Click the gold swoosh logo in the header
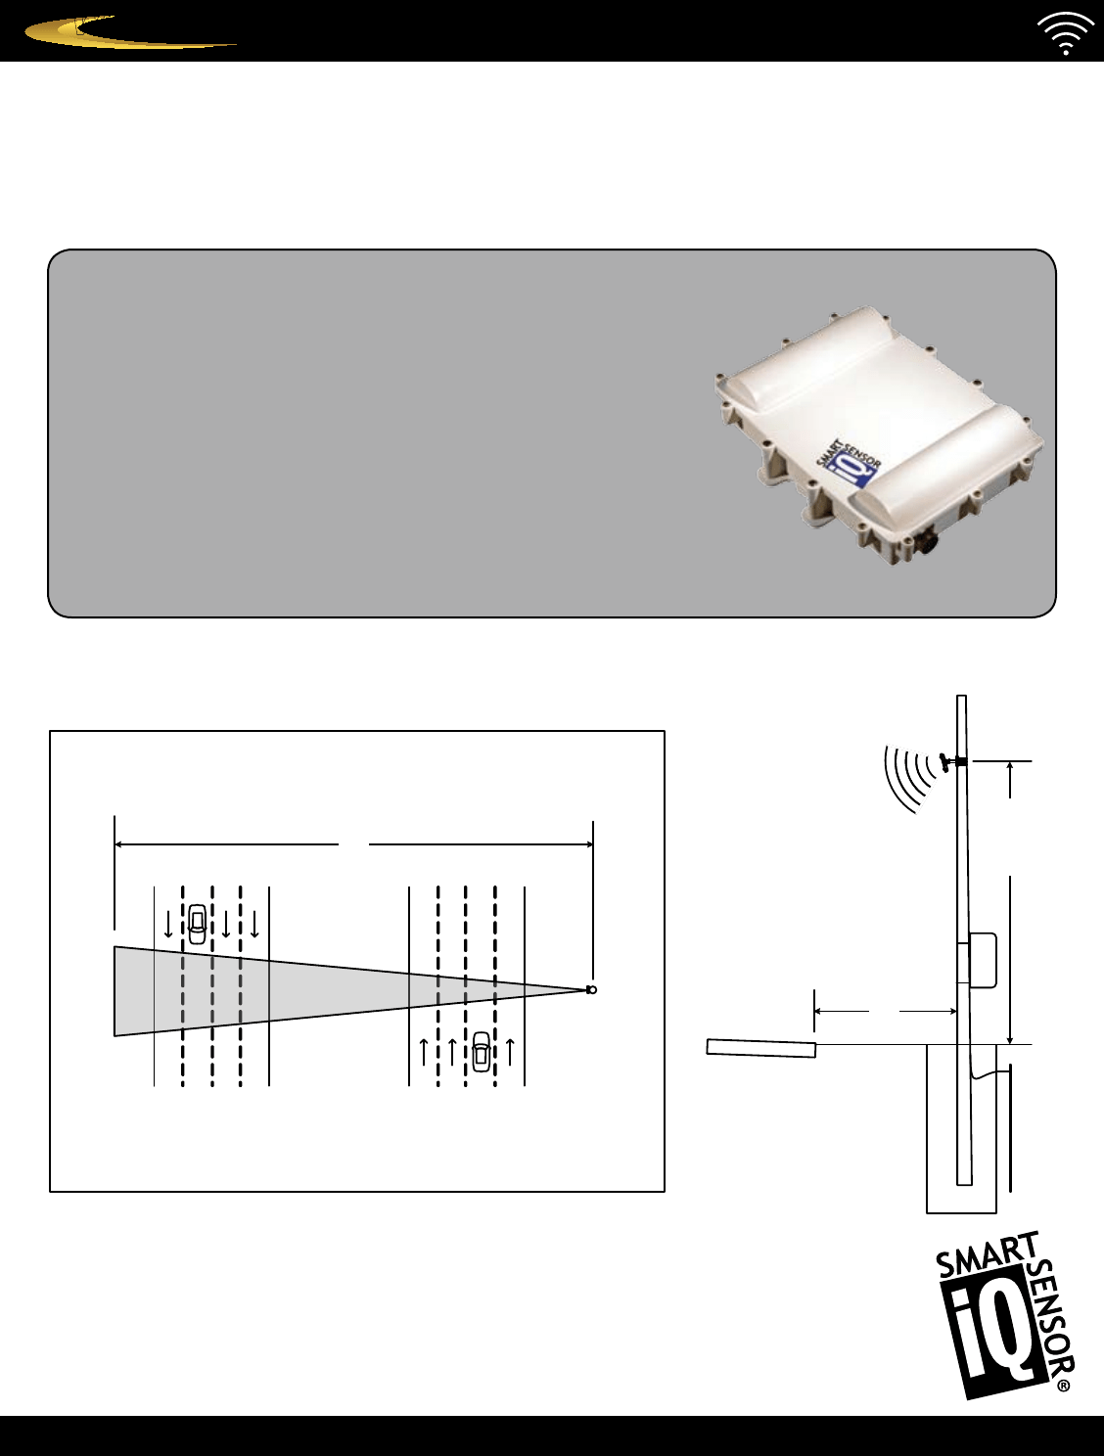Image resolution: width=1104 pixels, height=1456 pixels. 127,34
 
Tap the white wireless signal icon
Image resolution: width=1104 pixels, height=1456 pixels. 1065,34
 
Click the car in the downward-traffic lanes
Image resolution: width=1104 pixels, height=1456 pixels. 198,924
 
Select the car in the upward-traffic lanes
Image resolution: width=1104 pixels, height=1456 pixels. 481,1051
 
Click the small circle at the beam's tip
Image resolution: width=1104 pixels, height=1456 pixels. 591,990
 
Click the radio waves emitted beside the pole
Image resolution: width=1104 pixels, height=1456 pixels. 905,779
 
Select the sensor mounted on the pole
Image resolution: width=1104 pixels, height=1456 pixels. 948,761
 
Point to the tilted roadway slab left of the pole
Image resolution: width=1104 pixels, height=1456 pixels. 761,1048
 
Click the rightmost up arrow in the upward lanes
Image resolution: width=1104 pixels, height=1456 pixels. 510,1050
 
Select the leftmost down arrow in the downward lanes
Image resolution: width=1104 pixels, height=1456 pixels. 168,924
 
